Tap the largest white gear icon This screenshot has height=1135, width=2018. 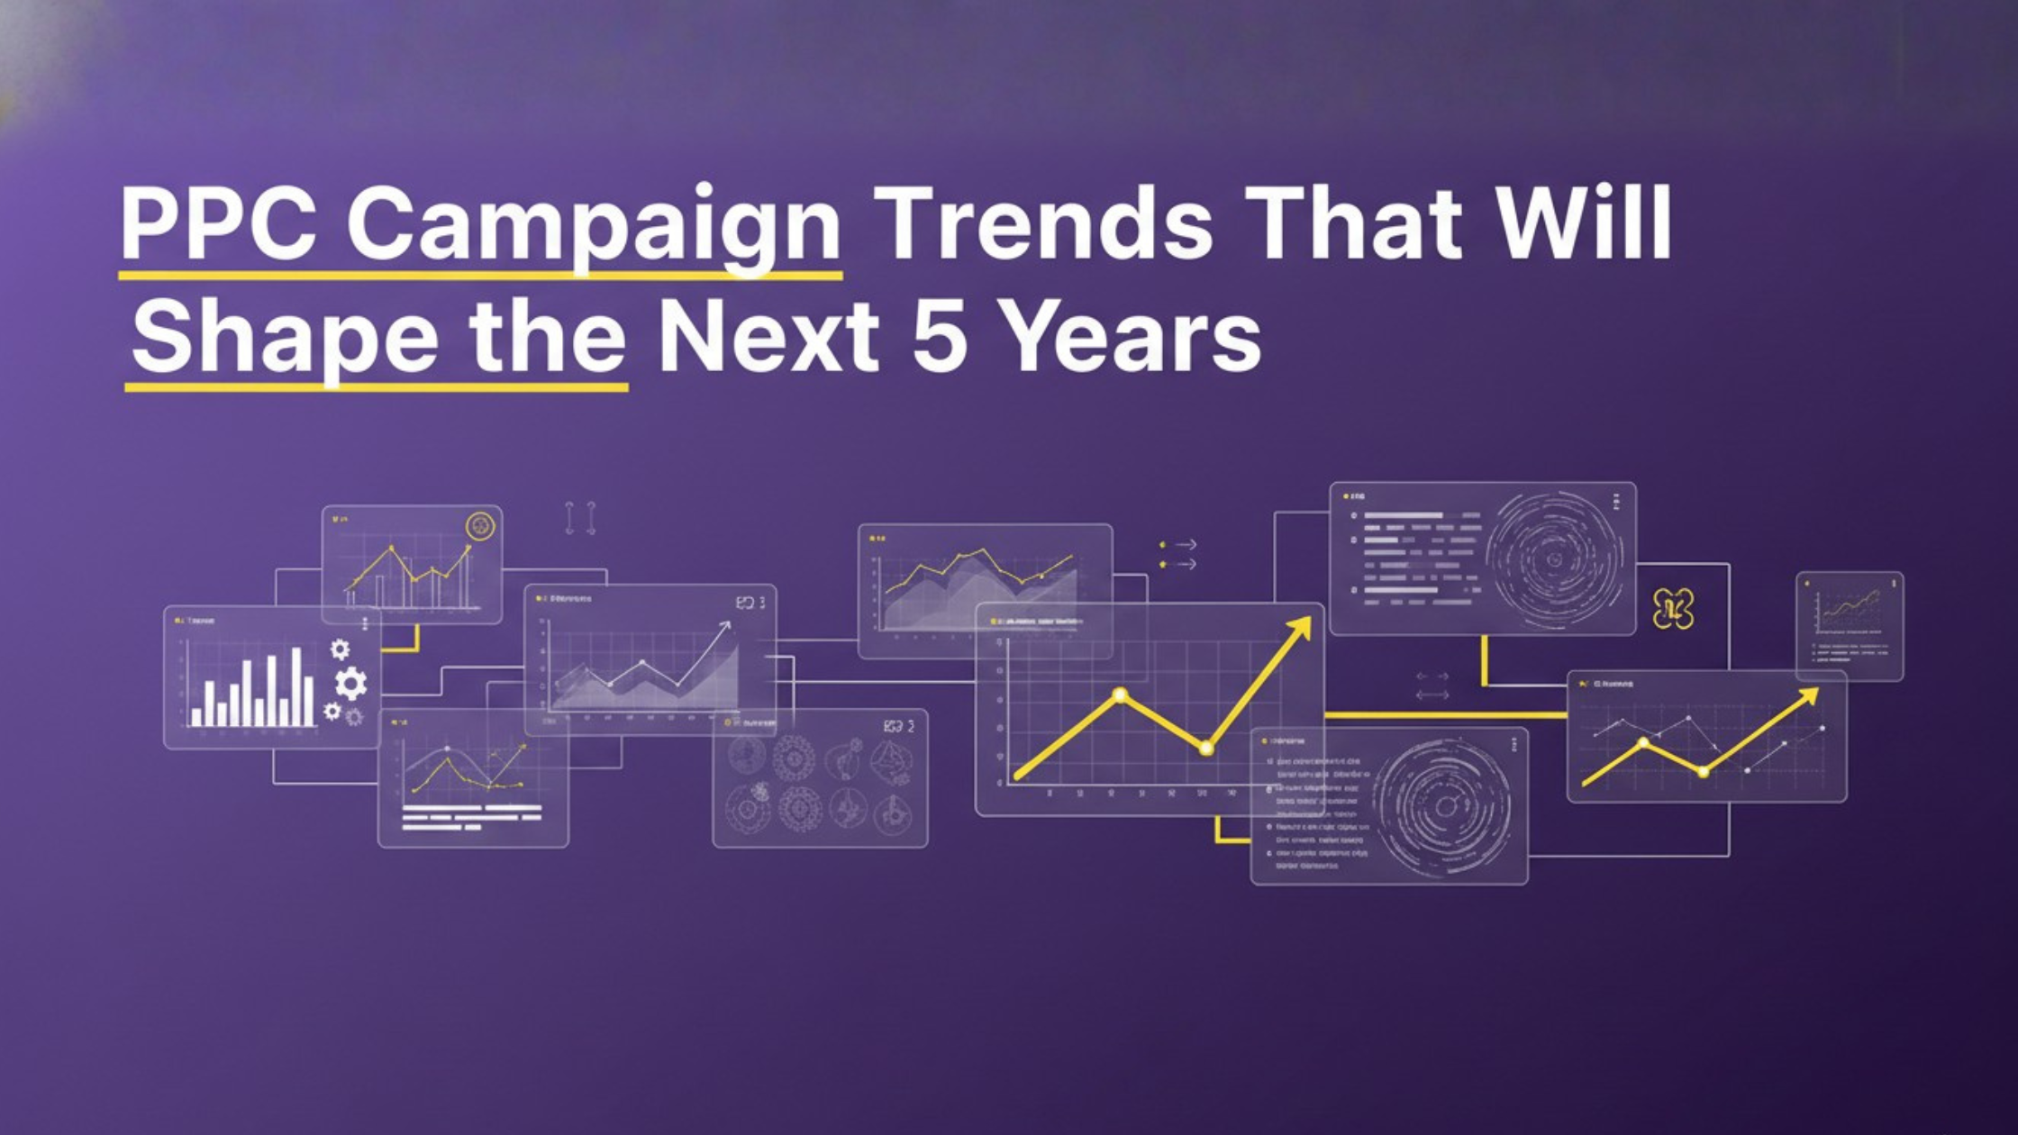(x=351, y=684)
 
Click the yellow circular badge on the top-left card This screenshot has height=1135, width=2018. (x=480, y=525)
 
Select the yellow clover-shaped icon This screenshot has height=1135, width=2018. (x=1673, y=610)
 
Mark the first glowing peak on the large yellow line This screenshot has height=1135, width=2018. (x=1120, y=695)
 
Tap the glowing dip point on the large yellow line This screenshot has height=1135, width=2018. (x=1206, y=748)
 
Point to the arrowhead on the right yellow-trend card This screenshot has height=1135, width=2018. (x=1809, y=695)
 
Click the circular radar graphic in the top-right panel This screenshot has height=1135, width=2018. (x=1553, y=559)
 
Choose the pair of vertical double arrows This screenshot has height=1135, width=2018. (x=580, y=519)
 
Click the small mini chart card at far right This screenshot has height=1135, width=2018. (x=1850, y=626)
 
